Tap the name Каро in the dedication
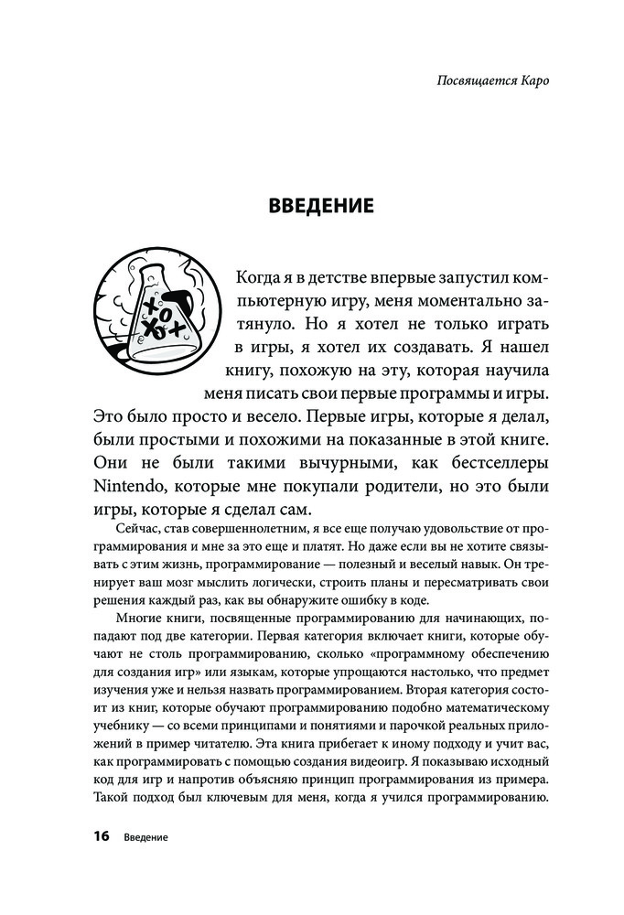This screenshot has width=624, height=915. click(538, 80)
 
